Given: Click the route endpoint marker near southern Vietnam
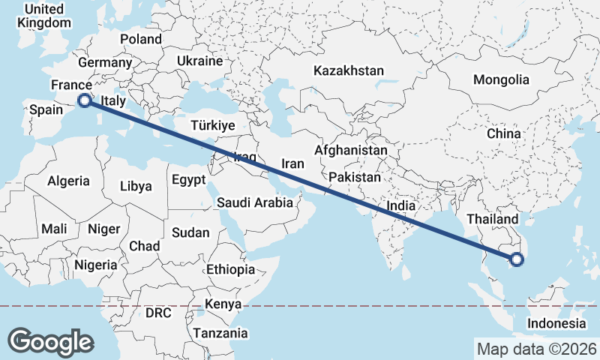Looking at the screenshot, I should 516,260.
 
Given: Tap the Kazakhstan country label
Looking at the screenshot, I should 349,71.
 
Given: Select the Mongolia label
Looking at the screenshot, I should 501,79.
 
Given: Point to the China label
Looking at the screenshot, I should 503,133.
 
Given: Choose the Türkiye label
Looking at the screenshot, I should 213,125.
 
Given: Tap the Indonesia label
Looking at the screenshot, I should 556,323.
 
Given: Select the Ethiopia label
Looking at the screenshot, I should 230,269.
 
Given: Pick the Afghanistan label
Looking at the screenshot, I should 351,150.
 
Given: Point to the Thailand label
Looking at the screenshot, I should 492,219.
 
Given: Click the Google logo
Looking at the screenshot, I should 50,342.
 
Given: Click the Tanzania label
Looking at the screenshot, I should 220,333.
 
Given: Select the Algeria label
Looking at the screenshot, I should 68,181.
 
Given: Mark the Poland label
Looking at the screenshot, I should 140,39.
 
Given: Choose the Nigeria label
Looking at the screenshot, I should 95,265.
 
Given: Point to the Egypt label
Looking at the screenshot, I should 187,180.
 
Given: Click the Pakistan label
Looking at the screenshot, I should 355,177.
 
